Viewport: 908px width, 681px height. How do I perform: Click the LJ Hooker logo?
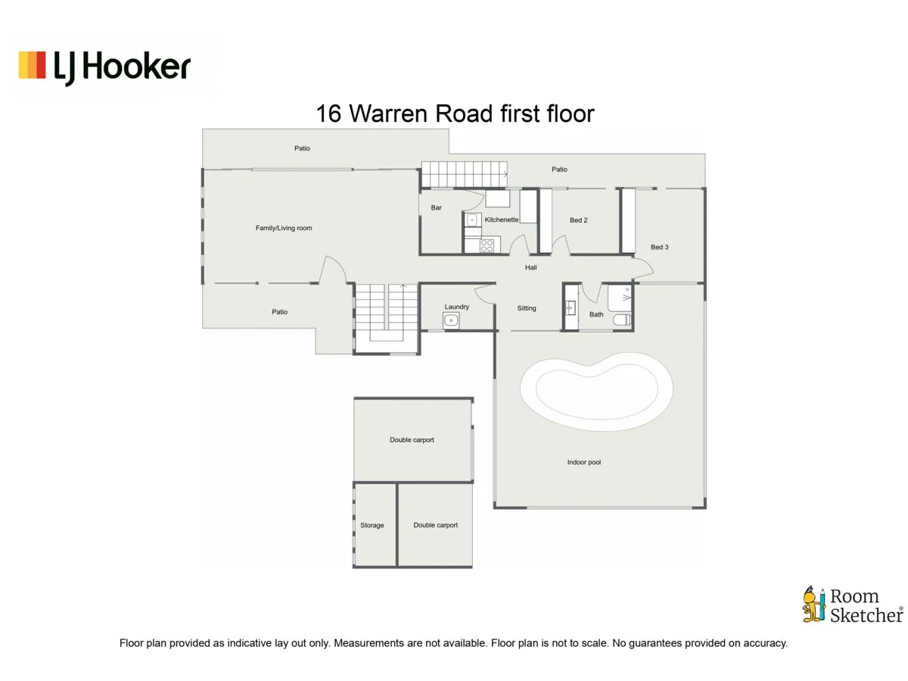pos(104,67)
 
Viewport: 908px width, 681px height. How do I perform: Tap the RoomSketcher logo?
pos(853,605)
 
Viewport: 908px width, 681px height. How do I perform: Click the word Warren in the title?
pos(396,113)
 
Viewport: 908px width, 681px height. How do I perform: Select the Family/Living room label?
pos(284,228)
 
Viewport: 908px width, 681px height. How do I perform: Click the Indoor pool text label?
pos(583,462)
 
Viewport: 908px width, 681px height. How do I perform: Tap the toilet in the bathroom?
pos(621,320)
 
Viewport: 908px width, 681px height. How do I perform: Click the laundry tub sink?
pos(451,321)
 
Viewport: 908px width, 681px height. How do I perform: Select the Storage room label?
pos(372,525)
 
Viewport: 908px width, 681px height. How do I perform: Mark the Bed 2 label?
pos(579,220)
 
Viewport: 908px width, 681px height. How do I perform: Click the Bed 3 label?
pos(660,247)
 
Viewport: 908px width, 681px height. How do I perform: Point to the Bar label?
pos(437,207)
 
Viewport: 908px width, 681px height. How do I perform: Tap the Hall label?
pos(531,268)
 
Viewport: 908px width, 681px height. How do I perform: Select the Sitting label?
pos(527,308)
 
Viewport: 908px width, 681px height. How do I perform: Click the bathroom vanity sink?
pos(571,308)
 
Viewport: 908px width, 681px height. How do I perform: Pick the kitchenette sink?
pos(471,220)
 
